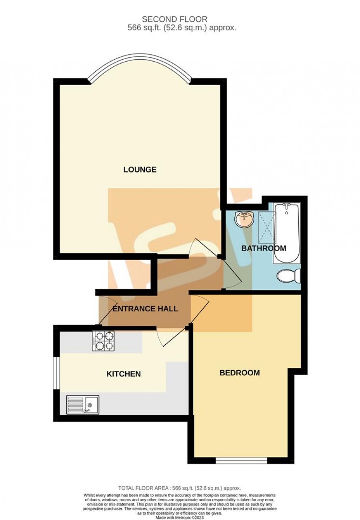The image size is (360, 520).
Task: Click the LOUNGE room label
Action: pyautogui.click(x=140, y=169)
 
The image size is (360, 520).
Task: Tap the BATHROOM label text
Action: pyautogui.click(x=264, y=248)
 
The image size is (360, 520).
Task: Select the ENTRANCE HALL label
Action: pyautogui.click(x=145, y=309)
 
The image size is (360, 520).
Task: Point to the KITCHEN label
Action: pyautogui.click(x=124, y=374)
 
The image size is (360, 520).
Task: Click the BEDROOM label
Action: pyautogui.click(x=240, y=373)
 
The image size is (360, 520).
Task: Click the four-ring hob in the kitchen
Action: pyautogui.click(x=104, y=341)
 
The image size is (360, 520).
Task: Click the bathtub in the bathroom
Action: pyautogui.click(x=287, y=233)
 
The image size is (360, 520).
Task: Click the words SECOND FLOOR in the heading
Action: pyautogui.click(x=174, y=19)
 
